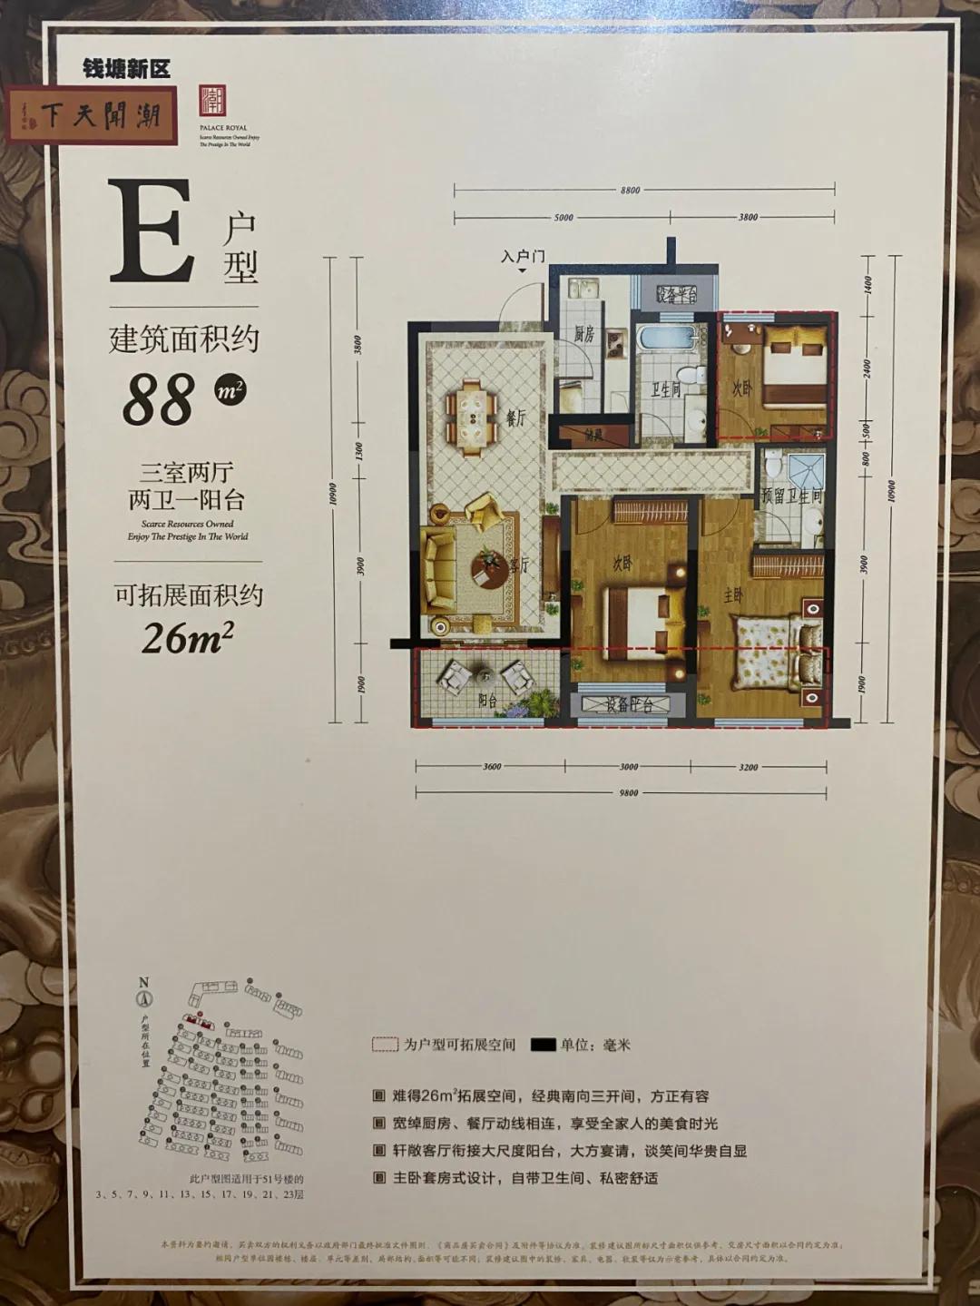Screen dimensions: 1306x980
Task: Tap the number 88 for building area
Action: pyautogui.click(x=159, y=399)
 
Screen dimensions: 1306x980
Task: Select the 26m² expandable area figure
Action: pyautogui.click(x=187, y=638)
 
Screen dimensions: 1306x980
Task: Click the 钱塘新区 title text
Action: pyautogui.click(x=126, y=69)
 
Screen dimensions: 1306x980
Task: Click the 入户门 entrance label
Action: pyautogui.click(x=523, y=257)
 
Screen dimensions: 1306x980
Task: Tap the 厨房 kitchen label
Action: pyautogui.click(x=583, y=333)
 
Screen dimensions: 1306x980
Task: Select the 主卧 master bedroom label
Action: pyautogui.click(x=732, y=595)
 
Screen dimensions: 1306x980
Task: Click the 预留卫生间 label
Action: pyautogui.click(x=791, y=496)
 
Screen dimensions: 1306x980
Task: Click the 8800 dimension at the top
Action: pyautogui.click(x=630, y=191)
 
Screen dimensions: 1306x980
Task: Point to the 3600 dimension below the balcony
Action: pyautogui.click(x=491, y=767)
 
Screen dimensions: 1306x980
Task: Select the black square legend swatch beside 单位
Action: pyautogui.click(x=543, y=1045)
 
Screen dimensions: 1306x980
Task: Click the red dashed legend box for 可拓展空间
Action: pyautogui.click(x=385, y=1045)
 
